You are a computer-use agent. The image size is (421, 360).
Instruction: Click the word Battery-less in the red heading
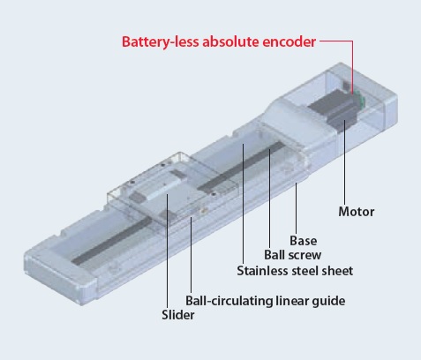pyautogui.click(x=161, y=42)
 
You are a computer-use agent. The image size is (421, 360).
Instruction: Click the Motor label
pyautogui.click(x=357, y=212)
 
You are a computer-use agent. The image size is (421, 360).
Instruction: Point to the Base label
pyautogui.click(x=304, y=241)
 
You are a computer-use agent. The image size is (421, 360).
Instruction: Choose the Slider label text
pyautogui.click(x=178, y=315)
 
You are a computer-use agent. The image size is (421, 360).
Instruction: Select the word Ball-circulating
pyautogui.click(x=229, y=302)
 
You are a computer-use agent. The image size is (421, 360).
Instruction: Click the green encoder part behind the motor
pyautogui.click(x=360, y=99)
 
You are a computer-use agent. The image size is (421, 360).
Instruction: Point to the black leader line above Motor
pyautogui.click(x=345, y=161)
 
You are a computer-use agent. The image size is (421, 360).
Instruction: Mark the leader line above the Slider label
pyautogui.click(x=167, y=251)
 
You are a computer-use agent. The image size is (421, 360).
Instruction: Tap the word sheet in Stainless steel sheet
pyautogui.click(x=337, y=271)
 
